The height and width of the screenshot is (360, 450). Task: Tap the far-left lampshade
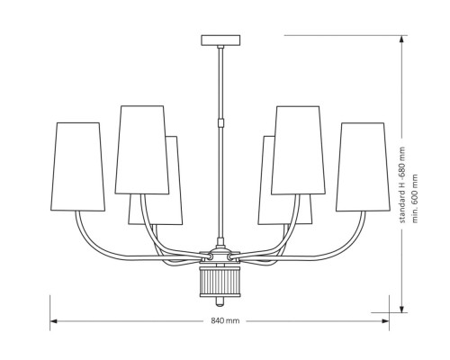pos(79,166)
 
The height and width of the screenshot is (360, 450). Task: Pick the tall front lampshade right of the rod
pos(298,149)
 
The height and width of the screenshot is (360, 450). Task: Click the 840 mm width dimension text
pos(225,321)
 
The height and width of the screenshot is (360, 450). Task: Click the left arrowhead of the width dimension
pos(53,320)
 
